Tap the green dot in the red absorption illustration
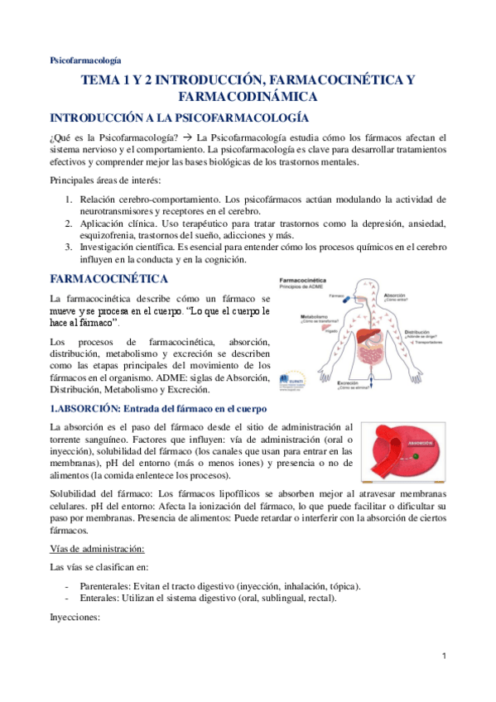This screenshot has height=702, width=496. coord(415,456)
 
